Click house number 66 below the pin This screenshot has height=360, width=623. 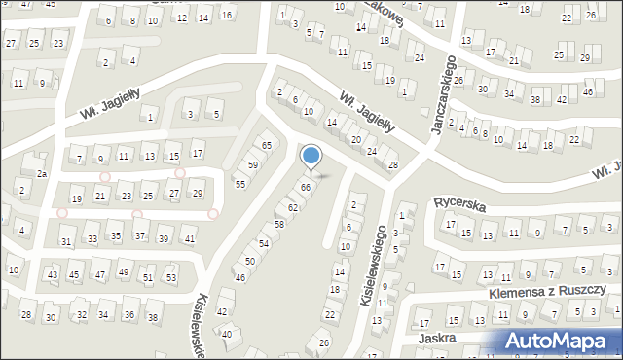[306, 187]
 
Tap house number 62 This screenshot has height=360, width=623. [292, 208]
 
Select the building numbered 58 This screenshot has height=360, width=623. [278, 225]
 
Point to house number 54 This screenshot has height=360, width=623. [263, 243]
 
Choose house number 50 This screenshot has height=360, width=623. [249, 262]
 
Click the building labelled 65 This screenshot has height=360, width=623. [266, 146]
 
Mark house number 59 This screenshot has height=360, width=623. [252, 165]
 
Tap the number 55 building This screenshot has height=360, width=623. [239, 184]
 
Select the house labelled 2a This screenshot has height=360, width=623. [42, 173]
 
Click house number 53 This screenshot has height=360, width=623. [170, 278]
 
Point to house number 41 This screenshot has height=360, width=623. [189, 239]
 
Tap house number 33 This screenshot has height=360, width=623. [92, 238]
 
